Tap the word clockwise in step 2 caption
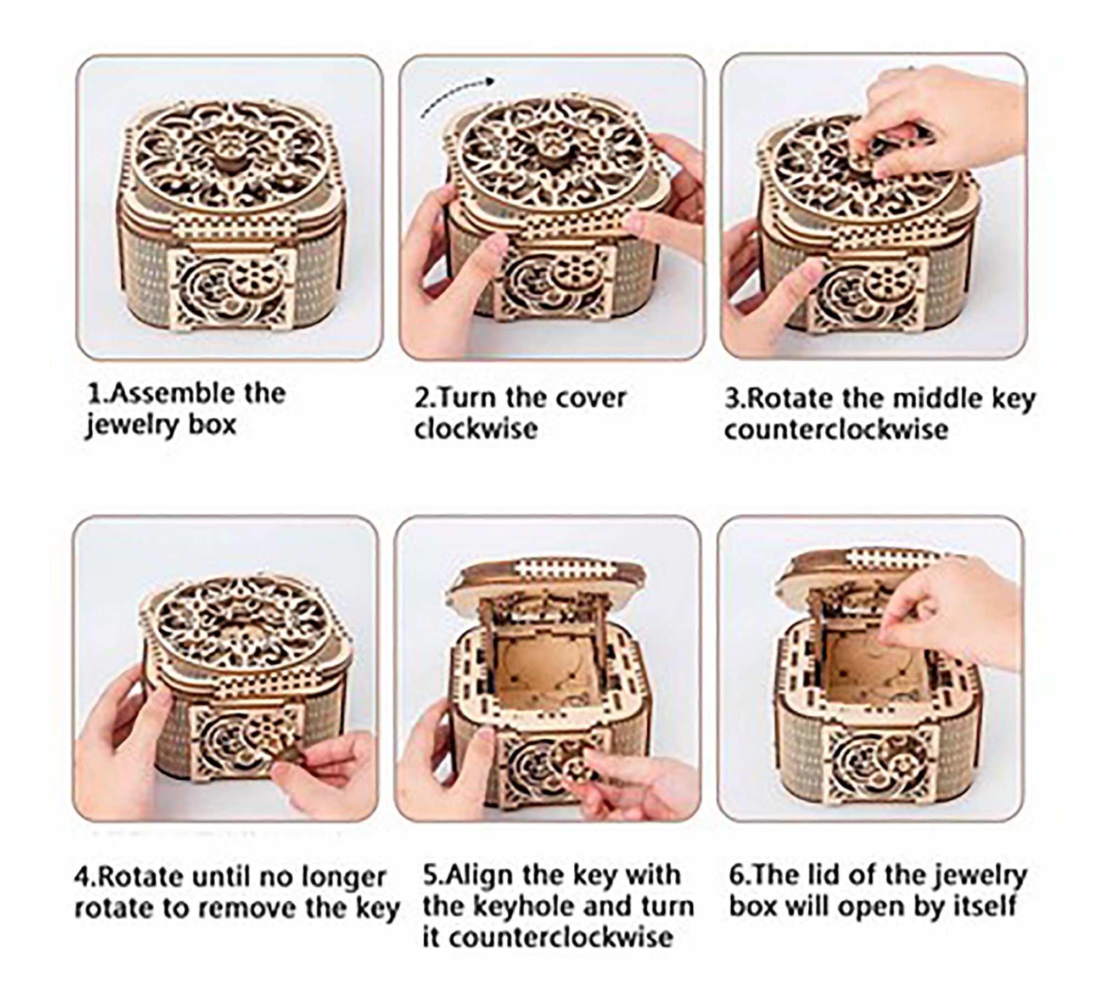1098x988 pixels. (475, 429)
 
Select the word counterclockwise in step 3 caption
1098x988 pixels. (836, 429)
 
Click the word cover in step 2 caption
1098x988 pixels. (591, 398)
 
